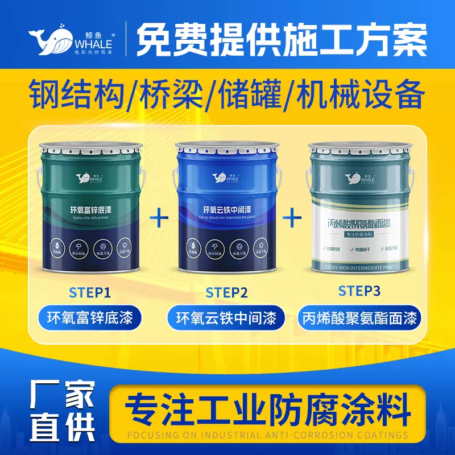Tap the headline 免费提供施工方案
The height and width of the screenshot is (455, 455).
pos(282,35)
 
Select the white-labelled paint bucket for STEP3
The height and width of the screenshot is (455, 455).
pos(364,208)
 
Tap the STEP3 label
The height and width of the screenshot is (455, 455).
pos(359,291)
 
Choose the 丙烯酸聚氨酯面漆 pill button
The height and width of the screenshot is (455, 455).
pos(359,317)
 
